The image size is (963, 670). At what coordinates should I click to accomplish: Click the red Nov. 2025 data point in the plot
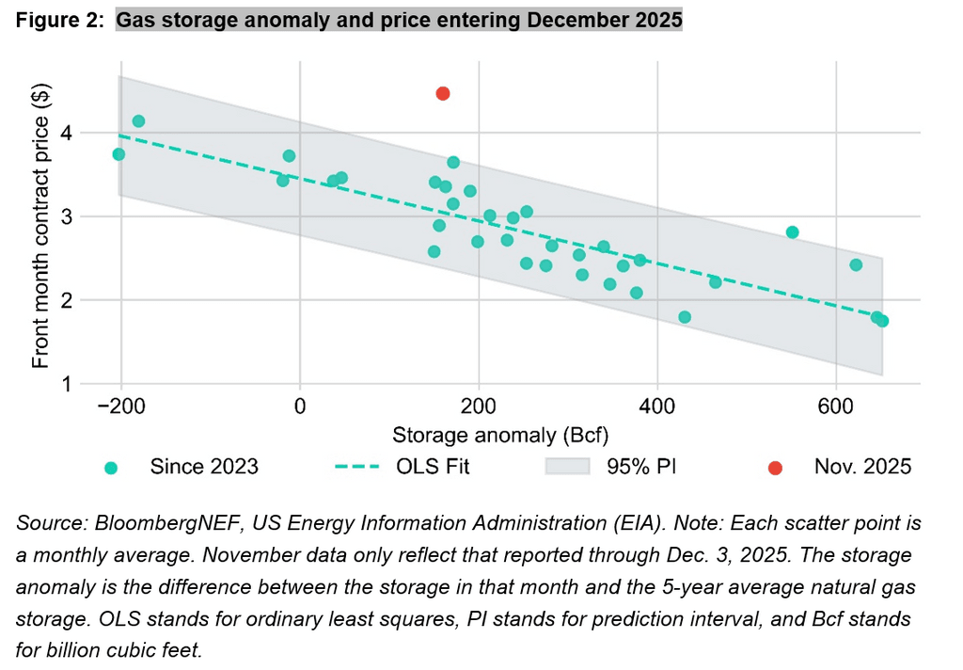(443, 93)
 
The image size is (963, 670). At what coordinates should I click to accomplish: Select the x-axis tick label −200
(121, 407)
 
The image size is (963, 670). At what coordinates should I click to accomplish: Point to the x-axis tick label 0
(300, 407)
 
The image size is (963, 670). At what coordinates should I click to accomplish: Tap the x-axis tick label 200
(479, 407)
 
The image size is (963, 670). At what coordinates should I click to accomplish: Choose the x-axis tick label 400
(657, 407)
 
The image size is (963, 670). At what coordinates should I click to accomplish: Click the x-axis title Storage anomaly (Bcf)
(499, 435)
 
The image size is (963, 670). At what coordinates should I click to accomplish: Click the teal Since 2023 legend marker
(111, 467)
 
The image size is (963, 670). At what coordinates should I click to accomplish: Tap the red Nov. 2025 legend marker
(775, 467)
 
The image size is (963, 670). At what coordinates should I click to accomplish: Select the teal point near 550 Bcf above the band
(792, 232)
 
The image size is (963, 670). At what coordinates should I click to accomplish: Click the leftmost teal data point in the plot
(118, 154)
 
